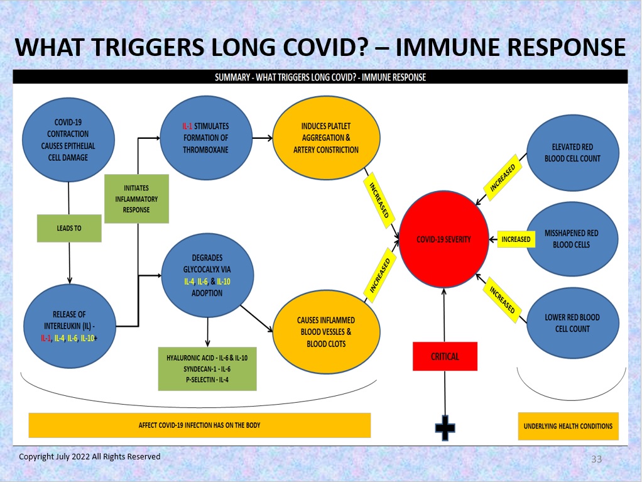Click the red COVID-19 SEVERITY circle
click(444, 239)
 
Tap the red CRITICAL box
click(445, 356)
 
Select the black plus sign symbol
click(445, 428)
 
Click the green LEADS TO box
click(69, 228)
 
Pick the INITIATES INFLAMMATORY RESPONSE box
click(137, 199)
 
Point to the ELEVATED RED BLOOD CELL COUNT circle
click(572, 153)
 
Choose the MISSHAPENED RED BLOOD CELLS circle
click(572, 239)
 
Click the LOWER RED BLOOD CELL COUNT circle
click(572, 323)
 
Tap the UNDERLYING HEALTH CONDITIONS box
click(569, 426)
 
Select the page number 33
click(597, 459)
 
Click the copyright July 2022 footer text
click(90, 457)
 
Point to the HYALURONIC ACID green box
click(207, 368)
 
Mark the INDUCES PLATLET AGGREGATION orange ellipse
click(326, 138)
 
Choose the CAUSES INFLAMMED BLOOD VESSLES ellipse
click(326, 332)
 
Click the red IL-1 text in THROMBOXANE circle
click(187, 126)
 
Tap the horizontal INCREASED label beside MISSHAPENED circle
click(516, 239)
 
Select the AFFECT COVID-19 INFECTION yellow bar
click(199, 425)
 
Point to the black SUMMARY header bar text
click(320, 77)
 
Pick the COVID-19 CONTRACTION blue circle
click(68, 140)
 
